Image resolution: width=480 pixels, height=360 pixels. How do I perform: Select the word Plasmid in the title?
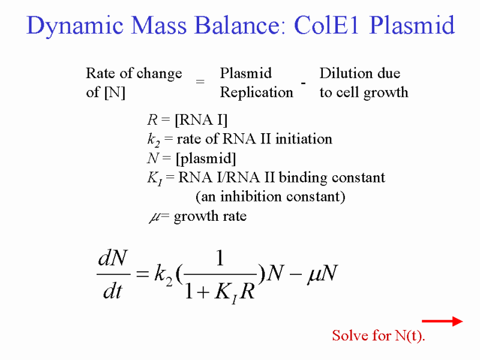click(412, 25)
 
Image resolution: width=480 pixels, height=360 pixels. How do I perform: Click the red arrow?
click(442, 321)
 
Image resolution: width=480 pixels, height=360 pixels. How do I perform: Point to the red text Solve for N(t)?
click(379, 336)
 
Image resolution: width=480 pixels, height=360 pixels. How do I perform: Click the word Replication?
click(257, 92)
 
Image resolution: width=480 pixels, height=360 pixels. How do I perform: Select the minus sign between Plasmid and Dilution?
click(303, 83)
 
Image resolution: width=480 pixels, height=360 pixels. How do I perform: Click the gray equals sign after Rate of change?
click(200, 82)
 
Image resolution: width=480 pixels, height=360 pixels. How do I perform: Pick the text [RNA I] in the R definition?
click(201, 119)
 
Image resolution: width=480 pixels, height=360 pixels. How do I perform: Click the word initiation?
click(304, 139)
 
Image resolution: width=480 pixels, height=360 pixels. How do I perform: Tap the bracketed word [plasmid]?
click(206, 158)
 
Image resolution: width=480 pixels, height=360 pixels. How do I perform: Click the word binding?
click(303, 178)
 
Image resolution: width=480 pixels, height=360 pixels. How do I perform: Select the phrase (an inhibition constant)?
click(271, 197)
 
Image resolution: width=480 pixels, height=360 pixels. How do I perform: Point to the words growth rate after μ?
click(210, 217)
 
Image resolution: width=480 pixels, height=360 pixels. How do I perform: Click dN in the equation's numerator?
click(112, 258)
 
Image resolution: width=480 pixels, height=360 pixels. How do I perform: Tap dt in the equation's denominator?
click(113, 291)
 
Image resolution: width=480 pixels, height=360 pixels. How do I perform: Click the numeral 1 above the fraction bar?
click(220, 258)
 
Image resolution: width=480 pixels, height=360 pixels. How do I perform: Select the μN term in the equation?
click(322, 274)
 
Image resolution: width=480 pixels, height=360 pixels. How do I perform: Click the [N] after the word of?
click(115, 92)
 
